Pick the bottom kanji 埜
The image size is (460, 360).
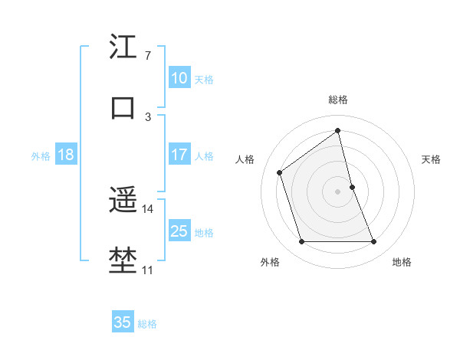[x=123, y=260]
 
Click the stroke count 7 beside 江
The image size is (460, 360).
[x=147, y=56]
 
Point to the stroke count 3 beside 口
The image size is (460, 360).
[x=147, y=116]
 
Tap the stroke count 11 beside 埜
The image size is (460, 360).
[x=147, y=270]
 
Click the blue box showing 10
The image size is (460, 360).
[x=179, y=77]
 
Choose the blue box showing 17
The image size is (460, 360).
[x=179, y=154]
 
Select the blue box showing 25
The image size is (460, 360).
[x=179, y=231]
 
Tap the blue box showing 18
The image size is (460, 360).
[x=66, y=154]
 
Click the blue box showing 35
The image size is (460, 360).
[x=122, y=322]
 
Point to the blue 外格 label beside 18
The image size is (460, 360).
[x=41, y=156]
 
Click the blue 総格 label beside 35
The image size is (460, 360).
[x=147, y=324]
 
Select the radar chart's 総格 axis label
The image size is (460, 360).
[x=338, y=100]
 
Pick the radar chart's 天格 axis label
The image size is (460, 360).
[x=432, y=159]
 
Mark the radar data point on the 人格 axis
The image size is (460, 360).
[x=280, y=172]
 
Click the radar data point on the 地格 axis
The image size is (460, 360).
[x=374, y=242]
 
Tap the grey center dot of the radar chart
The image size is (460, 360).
[x=338, y=191]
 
